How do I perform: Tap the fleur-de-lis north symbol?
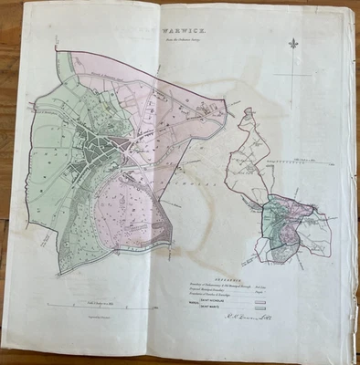[293, 45]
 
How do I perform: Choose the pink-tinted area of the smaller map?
[291, 230]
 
